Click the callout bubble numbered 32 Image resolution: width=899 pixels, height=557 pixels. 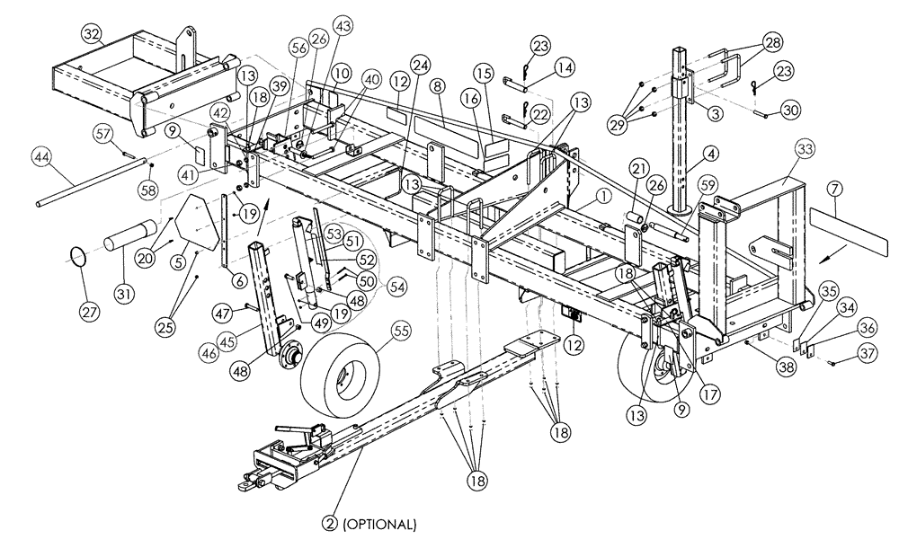92,34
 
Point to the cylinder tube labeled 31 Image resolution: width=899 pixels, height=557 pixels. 129,243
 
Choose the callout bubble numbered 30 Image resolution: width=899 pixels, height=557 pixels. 789,110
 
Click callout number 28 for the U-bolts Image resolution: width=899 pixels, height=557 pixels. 772,42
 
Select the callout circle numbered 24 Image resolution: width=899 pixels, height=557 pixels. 419,64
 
